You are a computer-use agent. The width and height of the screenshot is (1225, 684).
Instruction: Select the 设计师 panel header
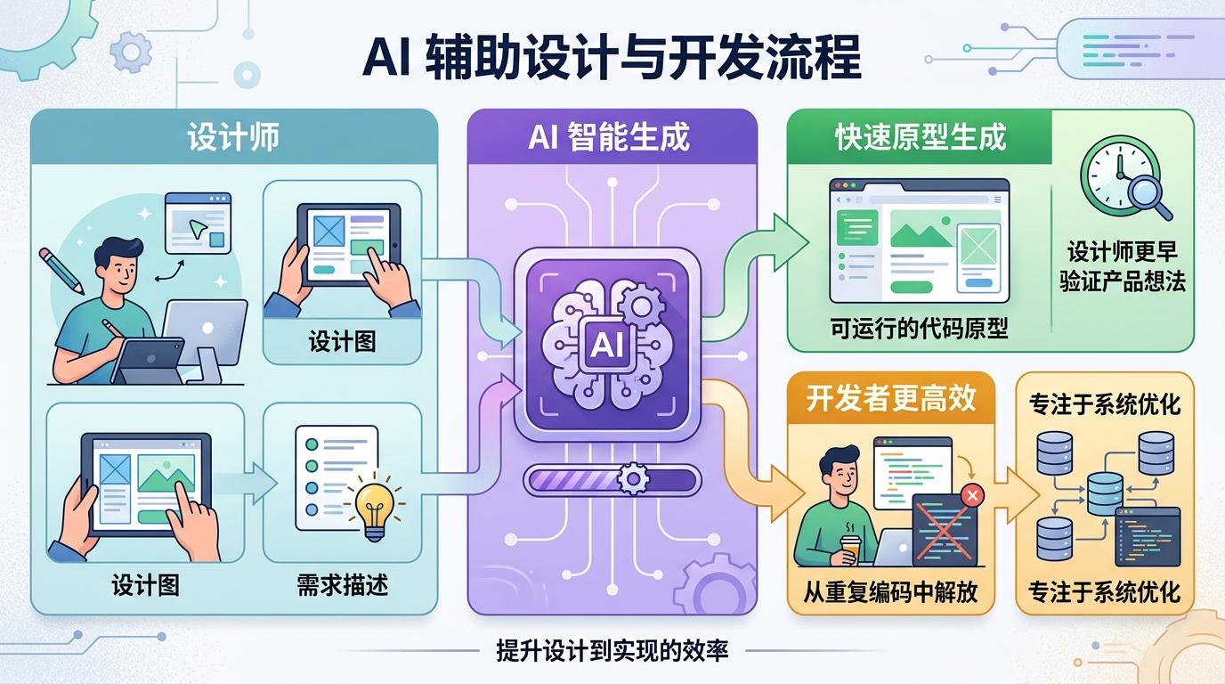(233, 136)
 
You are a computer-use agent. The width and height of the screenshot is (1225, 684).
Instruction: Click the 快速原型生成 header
(920, 136)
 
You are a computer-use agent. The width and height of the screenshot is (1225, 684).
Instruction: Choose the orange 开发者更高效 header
(890, 398)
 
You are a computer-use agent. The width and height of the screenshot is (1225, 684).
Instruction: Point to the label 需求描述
(342, 585)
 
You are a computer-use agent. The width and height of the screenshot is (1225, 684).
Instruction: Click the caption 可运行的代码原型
(919, 329)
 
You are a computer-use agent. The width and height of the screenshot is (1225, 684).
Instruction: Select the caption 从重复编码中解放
(890, 590)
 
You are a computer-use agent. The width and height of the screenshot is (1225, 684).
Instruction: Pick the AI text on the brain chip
(610, 345)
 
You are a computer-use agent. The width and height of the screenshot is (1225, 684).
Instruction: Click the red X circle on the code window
(972, 494)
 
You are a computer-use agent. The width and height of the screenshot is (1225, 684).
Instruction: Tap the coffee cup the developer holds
(848, 550)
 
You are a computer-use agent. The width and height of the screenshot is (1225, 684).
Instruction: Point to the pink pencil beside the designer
(61, 270)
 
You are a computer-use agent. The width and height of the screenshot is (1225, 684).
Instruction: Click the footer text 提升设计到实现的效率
(612, 650)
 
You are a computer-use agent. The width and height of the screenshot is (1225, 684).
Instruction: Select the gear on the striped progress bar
(633, 479)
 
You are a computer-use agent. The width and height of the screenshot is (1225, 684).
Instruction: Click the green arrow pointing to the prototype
(766, 258)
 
